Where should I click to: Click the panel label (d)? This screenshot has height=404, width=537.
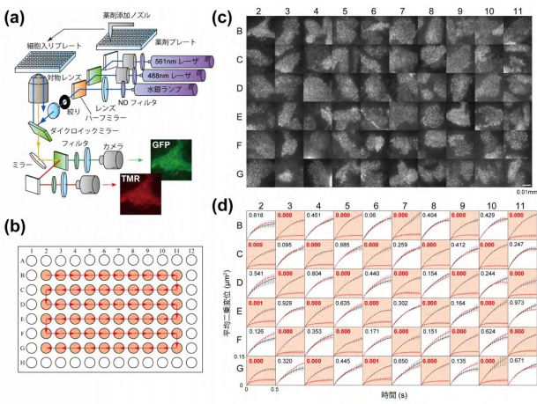224,209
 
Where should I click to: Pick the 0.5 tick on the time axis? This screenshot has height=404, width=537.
274,386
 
